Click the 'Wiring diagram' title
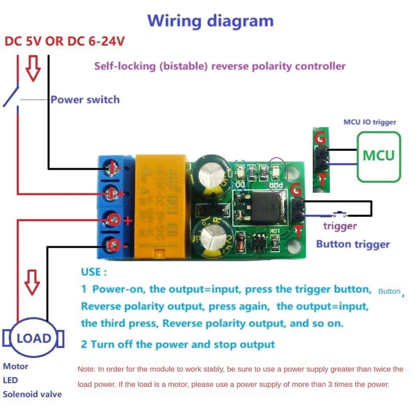tap(210, 21)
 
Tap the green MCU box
tap(378, 156)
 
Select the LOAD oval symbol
tap(34, 338)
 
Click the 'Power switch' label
tap(85, 100)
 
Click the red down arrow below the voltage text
tap(33, 68)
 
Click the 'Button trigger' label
tap(353, 244)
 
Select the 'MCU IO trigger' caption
tap(370, 122)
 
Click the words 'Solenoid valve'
tap(32, 394)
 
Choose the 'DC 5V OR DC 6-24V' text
tap(64, 41)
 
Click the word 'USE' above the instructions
tap(93, 272)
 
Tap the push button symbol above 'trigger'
tap(339, 213)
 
